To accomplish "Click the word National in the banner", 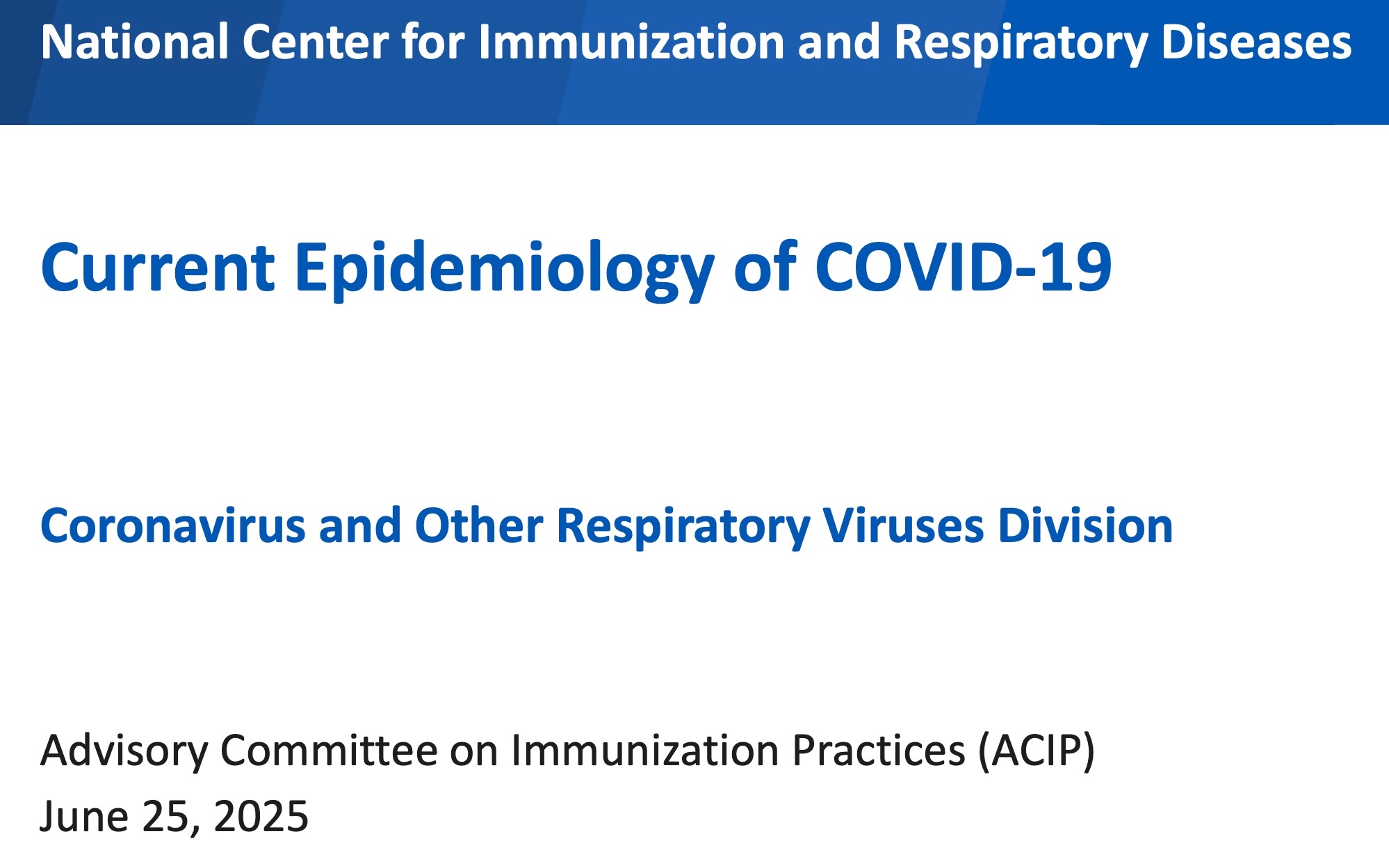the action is tap(135, 42).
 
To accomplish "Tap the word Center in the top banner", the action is tap(315, 42).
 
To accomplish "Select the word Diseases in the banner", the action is tap(1256, 42).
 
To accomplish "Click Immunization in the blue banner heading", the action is tap(631, 42).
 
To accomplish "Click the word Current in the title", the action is tap(158, 268).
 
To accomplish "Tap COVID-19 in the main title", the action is tap(964, 267).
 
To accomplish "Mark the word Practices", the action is tap(879, 751).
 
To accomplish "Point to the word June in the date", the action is tap(84, 816).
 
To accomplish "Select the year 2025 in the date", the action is tap(261, 816).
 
